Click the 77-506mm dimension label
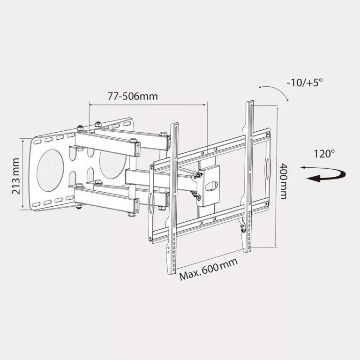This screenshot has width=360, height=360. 133,96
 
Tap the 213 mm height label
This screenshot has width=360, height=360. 16,176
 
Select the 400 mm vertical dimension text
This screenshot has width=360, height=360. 283,181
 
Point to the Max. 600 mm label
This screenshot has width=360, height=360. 209,270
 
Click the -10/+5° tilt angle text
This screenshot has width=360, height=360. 305,82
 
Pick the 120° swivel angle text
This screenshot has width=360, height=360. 324,154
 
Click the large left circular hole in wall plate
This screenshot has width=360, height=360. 50,170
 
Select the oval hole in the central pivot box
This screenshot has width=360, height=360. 211,186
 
